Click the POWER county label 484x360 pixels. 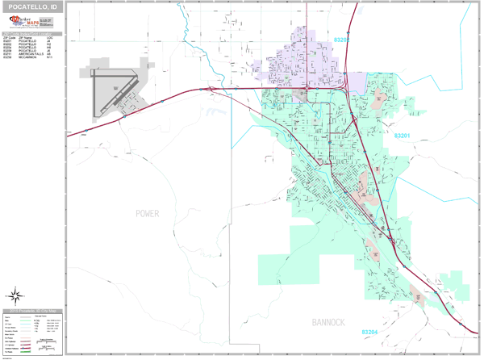(x=148, y=213)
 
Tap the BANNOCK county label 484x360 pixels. (x=328, y=322)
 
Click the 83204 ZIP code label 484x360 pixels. (x=369, y=332)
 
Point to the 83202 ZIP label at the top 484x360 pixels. (x=343, y=39)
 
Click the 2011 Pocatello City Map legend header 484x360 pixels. (x=32, y=310)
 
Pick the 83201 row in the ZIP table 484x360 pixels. (x=32, y=41)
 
